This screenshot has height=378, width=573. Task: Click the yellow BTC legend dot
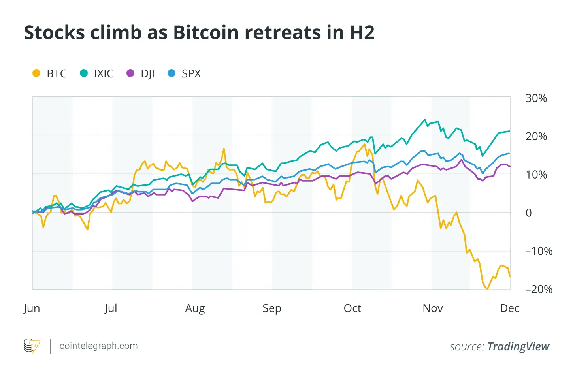36,73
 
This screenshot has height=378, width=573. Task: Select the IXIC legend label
104,73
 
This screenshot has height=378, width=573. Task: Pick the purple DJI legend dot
130,73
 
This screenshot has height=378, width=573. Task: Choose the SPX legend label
191,73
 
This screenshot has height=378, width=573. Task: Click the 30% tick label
536,98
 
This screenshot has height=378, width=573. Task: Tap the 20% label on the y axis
536,136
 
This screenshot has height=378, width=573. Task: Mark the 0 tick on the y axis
528,213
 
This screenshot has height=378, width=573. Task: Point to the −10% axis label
539,251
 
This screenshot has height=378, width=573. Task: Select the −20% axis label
539,289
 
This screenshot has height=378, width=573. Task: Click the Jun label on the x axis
32,308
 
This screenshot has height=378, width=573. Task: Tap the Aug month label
195,308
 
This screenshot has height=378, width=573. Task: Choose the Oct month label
352,308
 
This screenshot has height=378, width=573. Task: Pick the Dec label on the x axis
509,308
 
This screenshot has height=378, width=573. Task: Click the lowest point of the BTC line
487,289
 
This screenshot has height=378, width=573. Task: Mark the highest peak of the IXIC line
425,120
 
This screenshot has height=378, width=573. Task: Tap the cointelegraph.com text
98,346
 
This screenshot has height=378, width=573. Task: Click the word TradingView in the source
518,346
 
